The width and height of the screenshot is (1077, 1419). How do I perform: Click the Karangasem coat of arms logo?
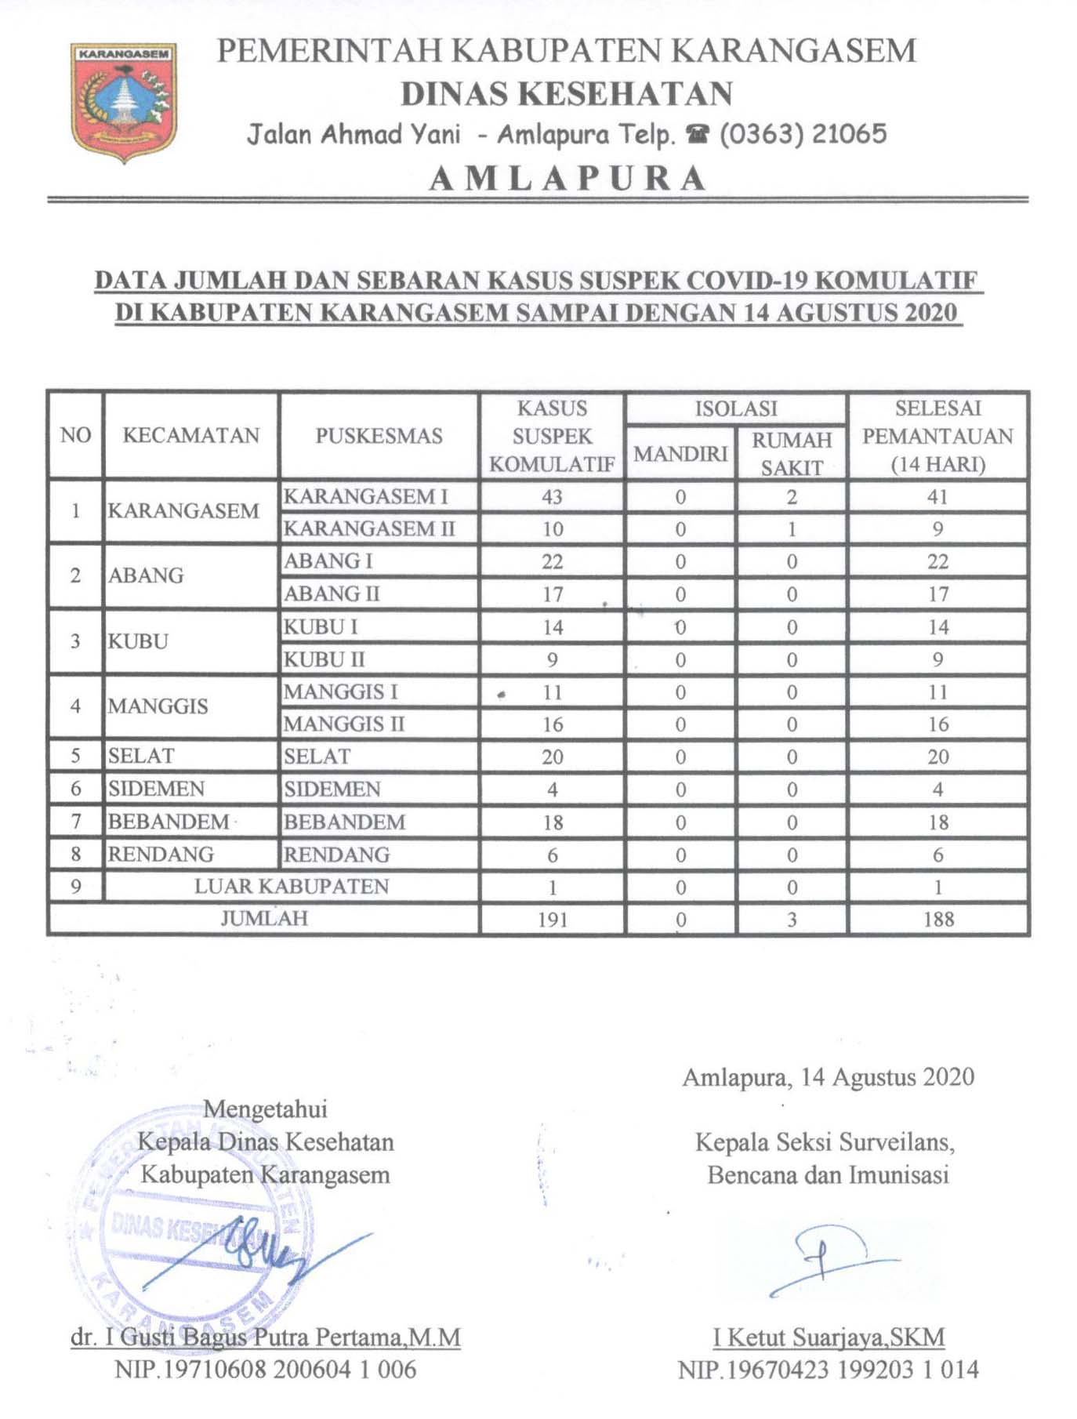click(124, 102)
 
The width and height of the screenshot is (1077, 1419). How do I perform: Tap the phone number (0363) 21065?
click(803, 134)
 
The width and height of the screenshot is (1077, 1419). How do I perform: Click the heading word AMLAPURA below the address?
click(568, 179)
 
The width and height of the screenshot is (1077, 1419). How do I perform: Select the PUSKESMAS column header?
click(379, 436)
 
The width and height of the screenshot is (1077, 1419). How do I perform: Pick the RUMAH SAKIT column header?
click(792, 453)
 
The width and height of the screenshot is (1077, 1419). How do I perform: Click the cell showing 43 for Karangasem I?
click(552, 497)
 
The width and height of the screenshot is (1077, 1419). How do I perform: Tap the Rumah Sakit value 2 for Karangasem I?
click(792, 497)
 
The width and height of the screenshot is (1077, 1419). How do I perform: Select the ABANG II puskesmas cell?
click(332, 594)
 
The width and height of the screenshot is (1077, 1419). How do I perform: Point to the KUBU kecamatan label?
click(138, 641)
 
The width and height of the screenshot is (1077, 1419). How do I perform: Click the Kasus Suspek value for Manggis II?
click(553, 724)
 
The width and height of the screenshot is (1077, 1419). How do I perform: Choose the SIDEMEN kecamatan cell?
click(156, 789)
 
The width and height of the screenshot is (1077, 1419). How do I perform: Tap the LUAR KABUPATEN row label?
click(292, 887)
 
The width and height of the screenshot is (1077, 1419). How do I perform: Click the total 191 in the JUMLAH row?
click(553, 920)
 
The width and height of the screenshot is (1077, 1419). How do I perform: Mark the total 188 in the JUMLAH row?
click(938, 920)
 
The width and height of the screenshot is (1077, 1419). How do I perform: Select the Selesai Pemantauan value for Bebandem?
click(938, 822)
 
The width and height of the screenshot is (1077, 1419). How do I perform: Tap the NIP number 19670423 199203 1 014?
click(828, 1370)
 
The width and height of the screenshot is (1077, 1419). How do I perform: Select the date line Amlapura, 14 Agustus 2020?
click(828, 1077)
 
